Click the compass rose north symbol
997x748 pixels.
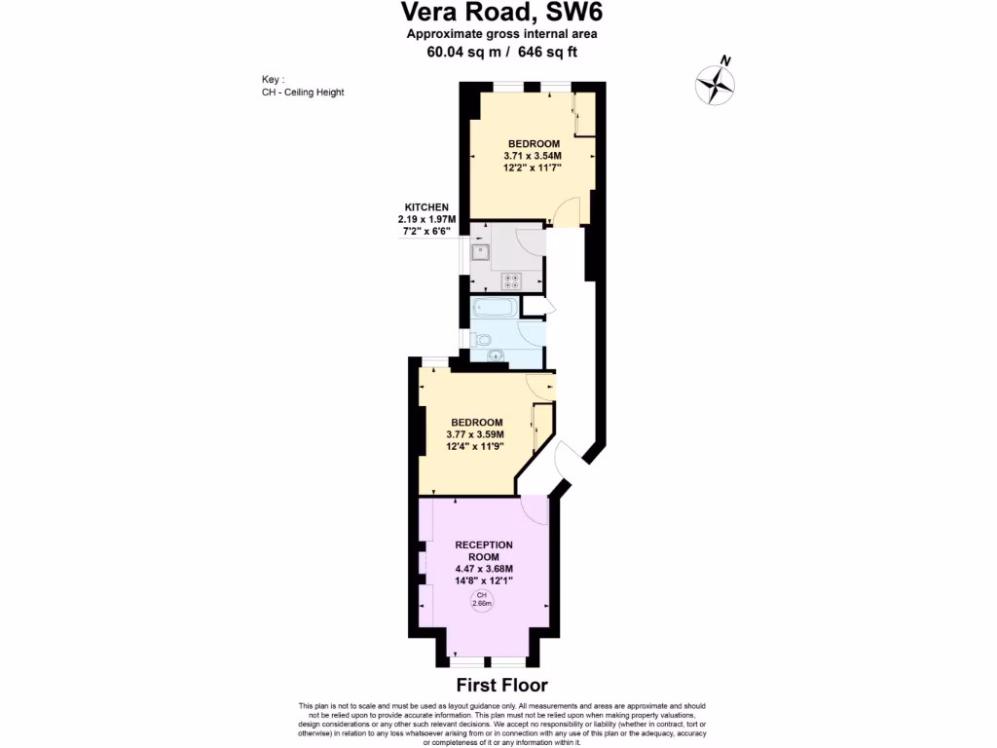coord(715,83)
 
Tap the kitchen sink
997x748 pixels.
coord(480,253)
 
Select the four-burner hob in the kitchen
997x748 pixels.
coord(511,280)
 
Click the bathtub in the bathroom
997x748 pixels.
coord(495,309)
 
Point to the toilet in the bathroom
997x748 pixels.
coord(481,340)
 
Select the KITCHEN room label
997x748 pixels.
coord(426,207)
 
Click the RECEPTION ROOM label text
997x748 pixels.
coord(484,550)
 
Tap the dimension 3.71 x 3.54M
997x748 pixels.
coord(533,156)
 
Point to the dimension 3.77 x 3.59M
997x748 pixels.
coord(476,435)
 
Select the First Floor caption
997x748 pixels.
coord(502,686)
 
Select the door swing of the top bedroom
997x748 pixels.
coord(567,211)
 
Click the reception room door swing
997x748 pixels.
coord(535,507)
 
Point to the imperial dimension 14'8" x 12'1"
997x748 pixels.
coord(484,580)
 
